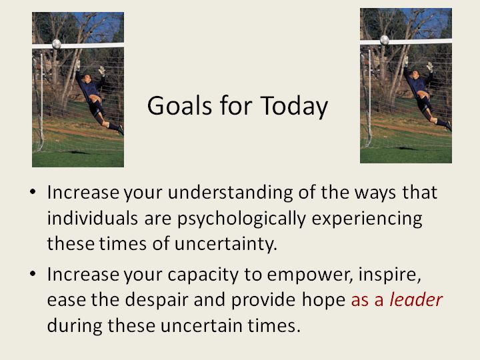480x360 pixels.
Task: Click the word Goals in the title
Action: pos(179,105)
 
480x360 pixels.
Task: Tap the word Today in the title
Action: pos(294,107)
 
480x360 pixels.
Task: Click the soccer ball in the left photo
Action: pos(57,44)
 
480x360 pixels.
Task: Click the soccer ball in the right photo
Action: pos(385,40)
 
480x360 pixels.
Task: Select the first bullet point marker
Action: pos(33,192)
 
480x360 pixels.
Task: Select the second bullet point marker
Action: pos(33,273)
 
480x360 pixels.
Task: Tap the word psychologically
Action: pos(241,219)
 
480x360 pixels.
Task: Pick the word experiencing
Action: pos(367,219)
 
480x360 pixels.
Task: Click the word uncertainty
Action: pos(226,245)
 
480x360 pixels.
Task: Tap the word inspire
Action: pos(390,275)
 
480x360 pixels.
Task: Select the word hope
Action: pos(323,299)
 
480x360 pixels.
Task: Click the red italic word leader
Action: pos(416,299)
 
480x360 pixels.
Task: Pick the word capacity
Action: pos(203,275)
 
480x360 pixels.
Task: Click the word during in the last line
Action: pos(75,325)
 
